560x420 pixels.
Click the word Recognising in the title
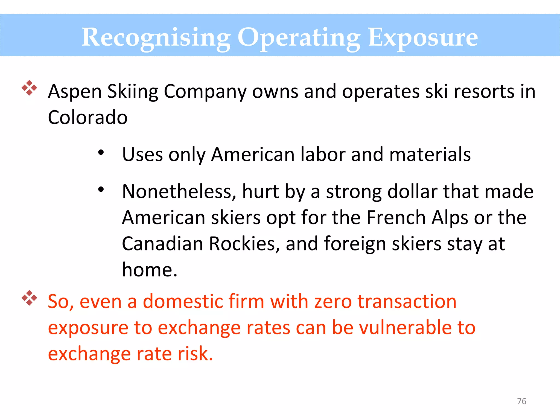coord(156,38)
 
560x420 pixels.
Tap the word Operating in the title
coord(299,38)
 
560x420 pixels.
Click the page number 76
coord(521,401)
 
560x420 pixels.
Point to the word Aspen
coord(75,92)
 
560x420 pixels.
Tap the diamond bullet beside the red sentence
coord(29,298)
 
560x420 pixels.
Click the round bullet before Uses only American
coord(101,152)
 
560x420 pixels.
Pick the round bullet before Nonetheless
coord(101,189)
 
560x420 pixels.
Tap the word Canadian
coord(162,244)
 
